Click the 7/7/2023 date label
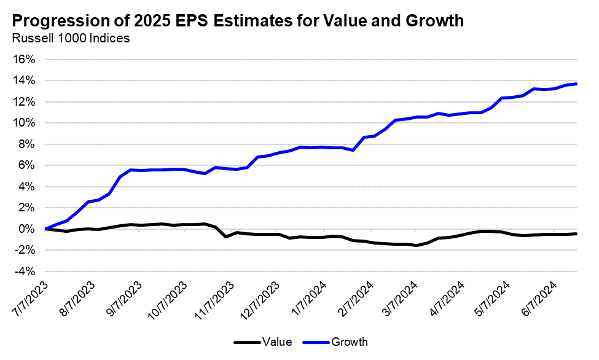pyautogui.click(x=29, y=300)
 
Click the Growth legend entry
pyautogui.click(x=350, y=342)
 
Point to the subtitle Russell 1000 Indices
pyautogui.click(x=71, y=39)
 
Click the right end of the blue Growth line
pyautogui.click(x=576, y=84)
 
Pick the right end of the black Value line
pyautogui.click(x=576, y=233)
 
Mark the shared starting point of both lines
pyautogui.click(x=46, y=229)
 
